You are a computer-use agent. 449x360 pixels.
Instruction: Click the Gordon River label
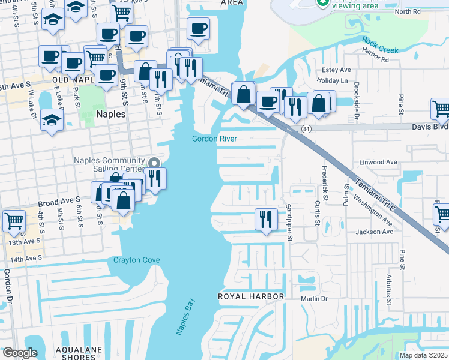click(214, 139)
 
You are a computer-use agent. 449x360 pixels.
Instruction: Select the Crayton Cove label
click(137, 260)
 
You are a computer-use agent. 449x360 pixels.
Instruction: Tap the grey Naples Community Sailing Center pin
click(154, 163)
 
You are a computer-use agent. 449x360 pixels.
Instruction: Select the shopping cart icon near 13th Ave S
click(14, 220)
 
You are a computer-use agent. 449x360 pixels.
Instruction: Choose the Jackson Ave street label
click(373, 232)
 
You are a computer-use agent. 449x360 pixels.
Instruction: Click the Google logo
click(20, 353)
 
